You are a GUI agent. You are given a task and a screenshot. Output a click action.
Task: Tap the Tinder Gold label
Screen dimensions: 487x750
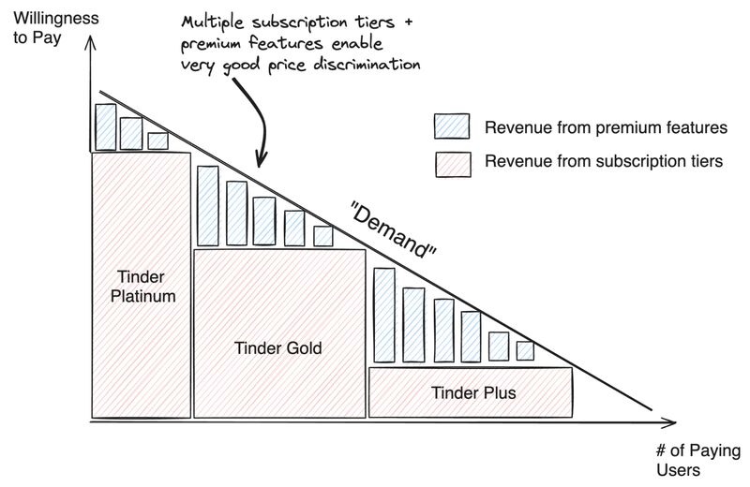[277, 348]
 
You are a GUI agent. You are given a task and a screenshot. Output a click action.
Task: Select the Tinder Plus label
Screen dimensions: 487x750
[472, 391]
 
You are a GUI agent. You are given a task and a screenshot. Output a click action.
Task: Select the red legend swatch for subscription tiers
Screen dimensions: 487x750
[450, 162]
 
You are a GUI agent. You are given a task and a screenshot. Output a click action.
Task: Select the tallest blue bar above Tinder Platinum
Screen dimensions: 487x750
[105, 126]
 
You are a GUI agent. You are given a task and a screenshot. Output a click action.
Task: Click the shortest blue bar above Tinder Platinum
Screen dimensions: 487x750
[157, 140]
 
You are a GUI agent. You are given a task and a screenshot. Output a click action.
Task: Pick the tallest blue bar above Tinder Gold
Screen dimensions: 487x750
[207, 205]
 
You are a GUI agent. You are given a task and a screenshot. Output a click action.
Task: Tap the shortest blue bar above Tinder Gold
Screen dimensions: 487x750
[323, 236]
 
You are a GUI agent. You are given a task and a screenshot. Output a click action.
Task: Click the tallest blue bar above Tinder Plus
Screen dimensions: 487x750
[382, 315]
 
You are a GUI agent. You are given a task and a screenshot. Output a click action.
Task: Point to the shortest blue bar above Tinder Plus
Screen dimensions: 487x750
[525, 350]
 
